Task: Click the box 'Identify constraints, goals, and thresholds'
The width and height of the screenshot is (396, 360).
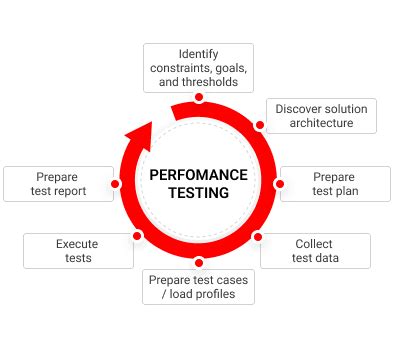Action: point(198,67)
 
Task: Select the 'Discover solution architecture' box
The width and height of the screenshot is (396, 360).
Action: point(321,115)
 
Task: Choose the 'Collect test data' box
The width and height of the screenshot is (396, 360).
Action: point(315,250)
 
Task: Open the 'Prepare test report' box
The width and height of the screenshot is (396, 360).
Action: point(60,184)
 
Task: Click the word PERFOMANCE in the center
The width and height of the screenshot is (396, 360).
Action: point(198,174)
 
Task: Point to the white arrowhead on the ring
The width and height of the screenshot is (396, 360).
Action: point(142,132)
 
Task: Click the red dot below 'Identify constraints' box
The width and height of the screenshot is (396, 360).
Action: point(199,97)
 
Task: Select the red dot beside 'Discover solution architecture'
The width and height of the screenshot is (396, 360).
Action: point(260,126)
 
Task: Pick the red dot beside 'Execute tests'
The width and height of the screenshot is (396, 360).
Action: point(137,237)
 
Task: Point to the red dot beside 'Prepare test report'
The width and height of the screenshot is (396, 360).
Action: point(116,184)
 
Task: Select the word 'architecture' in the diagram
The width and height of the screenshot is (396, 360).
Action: point(321,123)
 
